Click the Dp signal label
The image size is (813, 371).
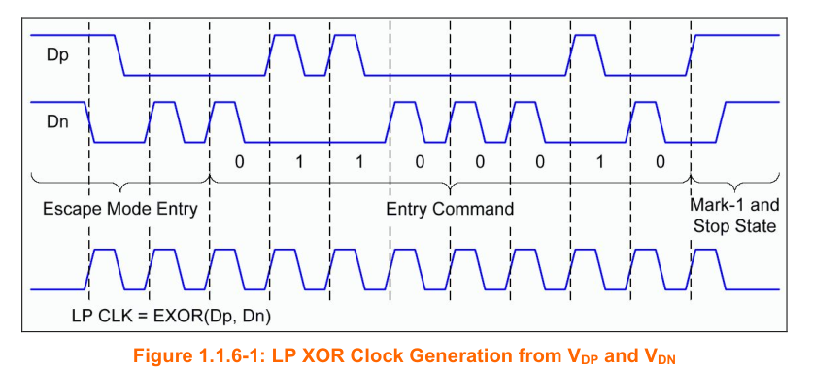(x=57, y=56)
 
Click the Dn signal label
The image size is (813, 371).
(x=57, y=122)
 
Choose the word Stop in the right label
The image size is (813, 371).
(x=713, y=226)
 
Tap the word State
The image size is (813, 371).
(x=756, y=226)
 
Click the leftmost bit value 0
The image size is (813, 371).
(x=239, y=162)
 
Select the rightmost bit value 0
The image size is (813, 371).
(x=661, y=162)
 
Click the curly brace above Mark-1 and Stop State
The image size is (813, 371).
(x=734, y=183)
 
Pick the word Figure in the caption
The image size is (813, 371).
(x=159, y=356)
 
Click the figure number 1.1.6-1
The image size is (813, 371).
(x=232, y=356)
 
